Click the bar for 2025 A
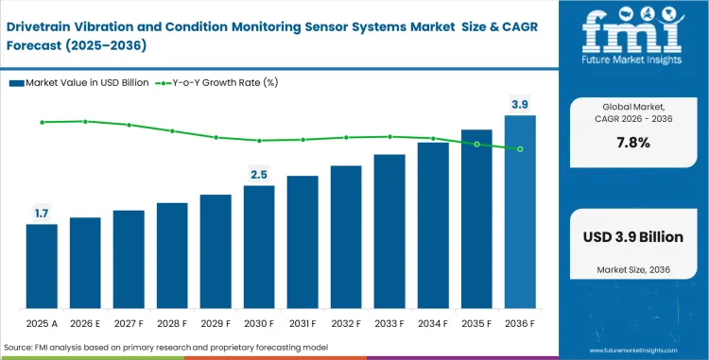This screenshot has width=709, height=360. tap(42, 267)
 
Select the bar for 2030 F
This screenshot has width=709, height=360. tap(259, 248)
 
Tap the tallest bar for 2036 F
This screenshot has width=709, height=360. tap(520, 213)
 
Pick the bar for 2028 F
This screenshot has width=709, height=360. tap(172, 256)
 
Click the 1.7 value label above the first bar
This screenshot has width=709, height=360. tap(42, 214)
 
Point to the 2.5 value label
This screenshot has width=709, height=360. tap(259, 175)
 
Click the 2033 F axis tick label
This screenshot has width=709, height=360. tap(389, 322)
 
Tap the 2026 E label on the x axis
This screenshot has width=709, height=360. tap(85, 322)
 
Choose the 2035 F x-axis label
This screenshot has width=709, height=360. tap(476, 322)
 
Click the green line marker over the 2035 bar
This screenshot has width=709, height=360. tap(476, 145)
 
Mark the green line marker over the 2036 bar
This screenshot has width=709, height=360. tap(520, 149)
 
